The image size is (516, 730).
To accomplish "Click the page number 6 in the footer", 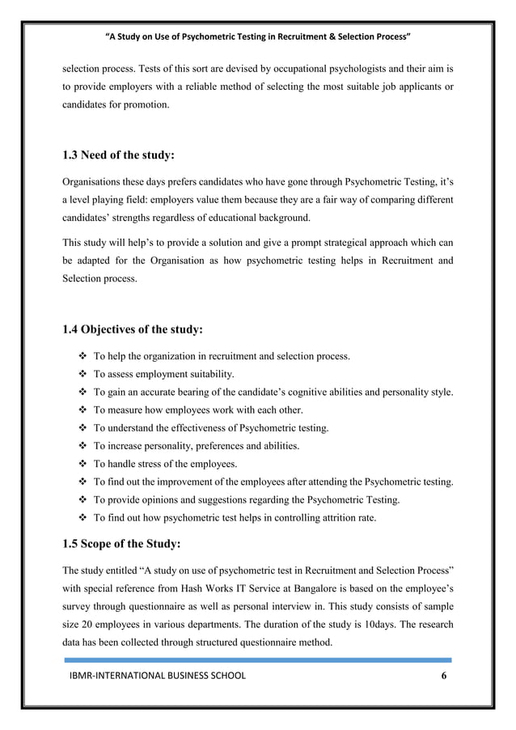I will pyautogui.click(x=442, y=677).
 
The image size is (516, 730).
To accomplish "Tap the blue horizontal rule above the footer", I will pyautogui.click(x=257, y=660).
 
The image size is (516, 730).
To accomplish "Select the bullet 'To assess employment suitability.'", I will pyautogui.click(x=164, y=375).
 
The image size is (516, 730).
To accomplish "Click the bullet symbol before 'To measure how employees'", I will pyautogui.click(x=82, y=410).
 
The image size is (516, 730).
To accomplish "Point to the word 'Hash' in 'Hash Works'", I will pyautogui.click(x=189, y=584).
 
